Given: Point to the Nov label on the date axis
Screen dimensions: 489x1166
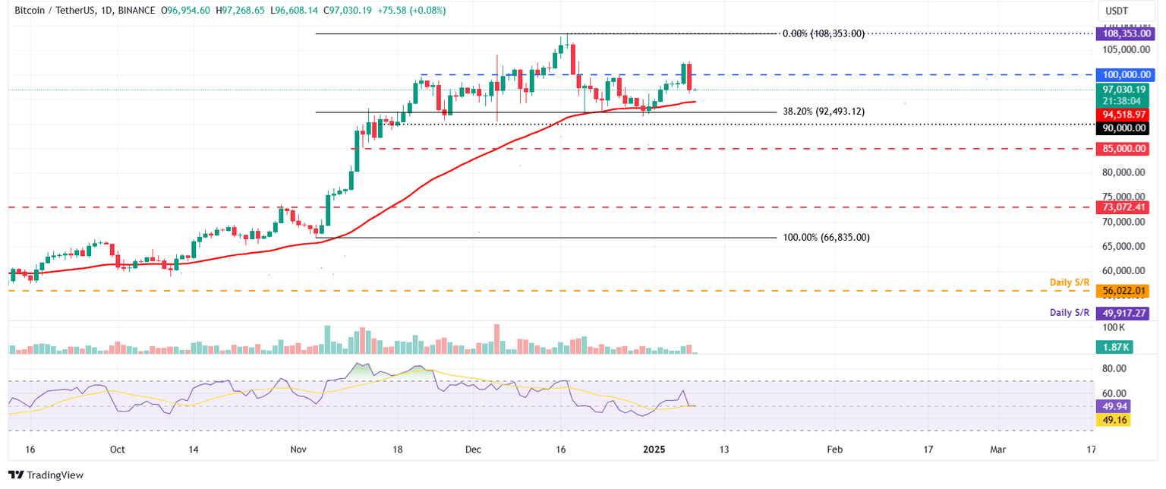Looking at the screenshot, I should pyautogui.click(x=298, y=450).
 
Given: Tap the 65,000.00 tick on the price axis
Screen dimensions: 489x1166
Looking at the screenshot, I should pyautogui.click(x=1124, y=246).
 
